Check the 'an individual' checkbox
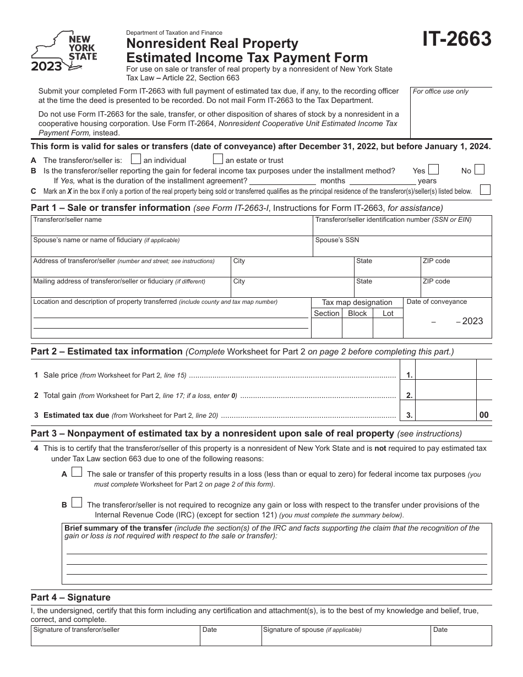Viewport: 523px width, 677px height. (x=136, y=160)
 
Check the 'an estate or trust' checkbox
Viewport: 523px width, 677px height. (x=217, y=160)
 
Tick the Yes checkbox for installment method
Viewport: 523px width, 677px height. (x=434, y=170)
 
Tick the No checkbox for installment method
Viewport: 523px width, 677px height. (x=480, y=170)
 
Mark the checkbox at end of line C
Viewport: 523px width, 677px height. (x=485, y=190)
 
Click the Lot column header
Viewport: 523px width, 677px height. (x=388, y=313)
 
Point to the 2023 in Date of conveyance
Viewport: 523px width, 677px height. (x=472, y=321)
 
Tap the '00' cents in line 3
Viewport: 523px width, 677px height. (x=484, y=416)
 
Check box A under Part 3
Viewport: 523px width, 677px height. (x=77, y=472)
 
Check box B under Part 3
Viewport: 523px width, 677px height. (x=77, y=503)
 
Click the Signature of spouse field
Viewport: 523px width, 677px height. (x=345, y=638)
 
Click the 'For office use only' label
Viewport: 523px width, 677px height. (x=440, y=91)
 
